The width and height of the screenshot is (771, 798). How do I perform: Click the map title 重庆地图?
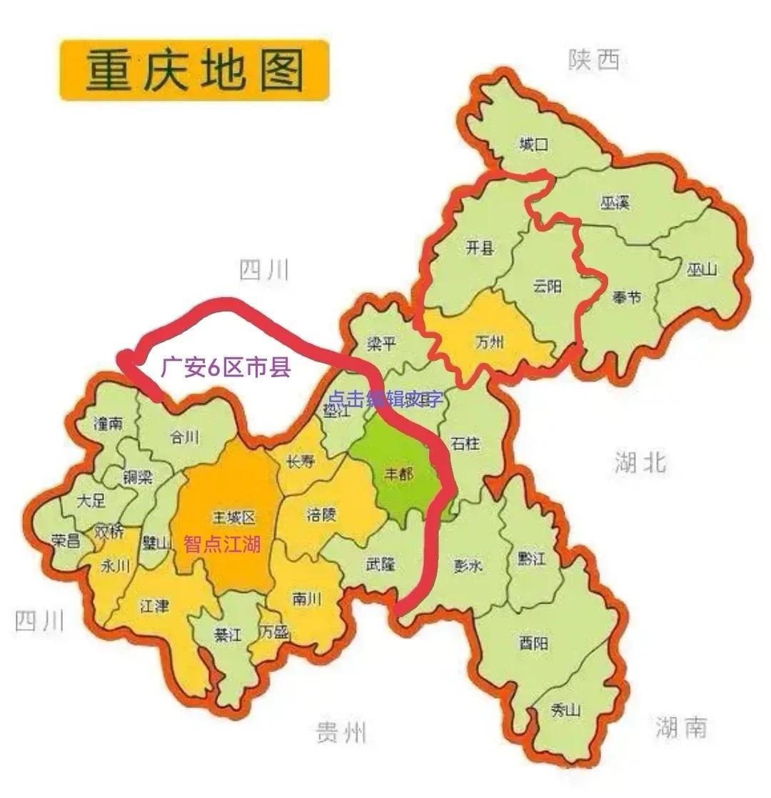tap(194, 70)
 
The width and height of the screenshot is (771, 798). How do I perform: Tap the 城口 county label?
tap(534, 145)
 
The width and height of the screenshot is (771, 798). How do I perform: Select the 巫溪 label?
tap(614, 203)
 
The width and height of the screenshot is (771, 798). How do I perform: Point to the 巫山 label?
tap(701, 269)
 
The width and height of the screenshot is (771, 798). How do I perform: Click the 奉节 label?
tap(626, 297)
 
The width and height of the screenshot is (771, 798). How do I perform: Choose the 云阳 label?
tap(547, 286)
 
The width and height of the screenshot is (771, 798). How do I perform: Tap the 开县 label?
tap(480, 249)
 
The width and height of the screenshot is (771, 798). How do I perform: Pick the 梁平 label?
tap(381, 344)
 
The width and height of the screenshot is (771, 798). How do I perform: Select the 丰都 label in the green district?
tap(398, 474)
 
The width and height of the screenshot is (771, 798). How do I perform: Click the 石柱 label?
tap(465, 444)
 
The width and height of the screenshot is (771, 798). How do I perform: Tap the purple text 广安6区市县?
tap(225, 368)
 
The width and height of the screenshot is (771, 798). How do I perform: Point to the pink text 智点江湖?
tap(222, 544)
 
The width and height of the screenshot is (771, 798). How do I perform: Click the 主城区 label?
tap(233, 517)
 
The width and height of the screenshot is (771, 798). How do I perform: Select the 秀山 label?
tap(566, 710)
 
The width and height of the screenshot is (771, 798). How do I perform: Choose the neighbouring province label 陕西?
tap(594, 61)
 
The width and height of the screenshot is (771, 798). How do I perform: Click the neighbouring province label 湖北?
tap(640, 462)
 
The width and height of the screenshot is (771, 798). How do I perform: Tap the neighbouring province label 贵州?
tap(341, 732)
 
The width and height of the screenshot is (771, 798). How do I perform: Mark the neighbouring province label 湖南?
tap(680, 727)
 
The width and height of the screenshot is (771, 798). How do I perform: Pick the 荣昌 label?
tap(66, 541)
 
